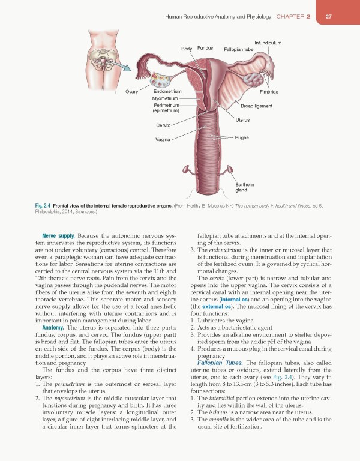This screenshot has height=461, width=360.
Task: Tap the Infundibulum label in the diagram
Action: coord(268,42)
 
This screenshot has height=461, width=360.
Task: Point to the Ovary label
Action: coord(132,92)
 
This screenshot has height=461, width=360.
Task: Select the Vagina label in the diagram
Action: coord(163,139)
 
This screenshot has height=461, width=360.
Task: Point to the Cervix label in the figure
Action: coord(163,125)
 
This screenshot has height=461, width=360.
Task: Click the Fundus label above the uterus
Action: coord(205,47)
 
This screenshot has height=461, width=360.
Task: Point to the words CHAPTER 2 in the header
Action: coord(293,16)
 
